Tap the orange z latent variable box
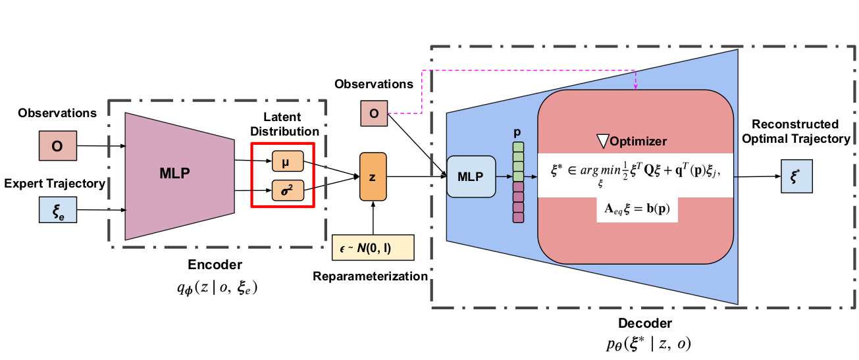point(372,176)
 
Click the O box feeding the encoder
point(57,146)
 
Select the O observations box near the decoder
point(373,113)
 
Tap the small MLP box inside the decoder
point(471,176)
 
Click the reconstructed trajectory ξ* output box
point(796,177)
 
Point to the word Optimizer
point(638,141)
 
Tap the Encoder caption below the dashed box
point(215,265)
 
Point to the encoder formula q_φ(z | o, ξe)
point(215,287)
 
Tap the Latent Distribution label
point(284,124)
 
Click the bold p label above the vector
point(517,132)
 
